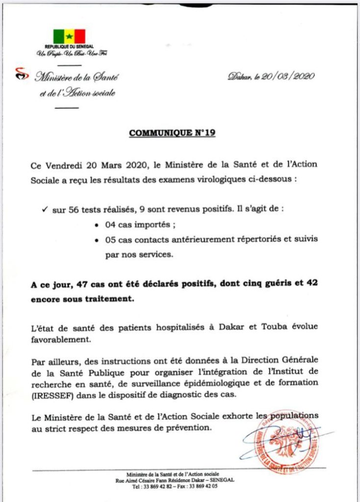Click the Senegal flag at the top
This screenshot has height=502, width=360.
(x=69, y=36)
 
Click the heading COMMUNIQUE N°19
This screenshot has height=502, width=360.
(x=172, y=133)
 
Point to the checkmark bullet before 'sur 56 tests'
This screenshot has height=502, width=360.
(x=45, y=208)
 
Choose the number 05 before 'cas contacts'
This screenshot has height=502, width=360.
(x=110, y=241)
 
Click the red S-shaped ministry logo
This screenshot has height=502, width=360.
(x=19, y=74)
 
